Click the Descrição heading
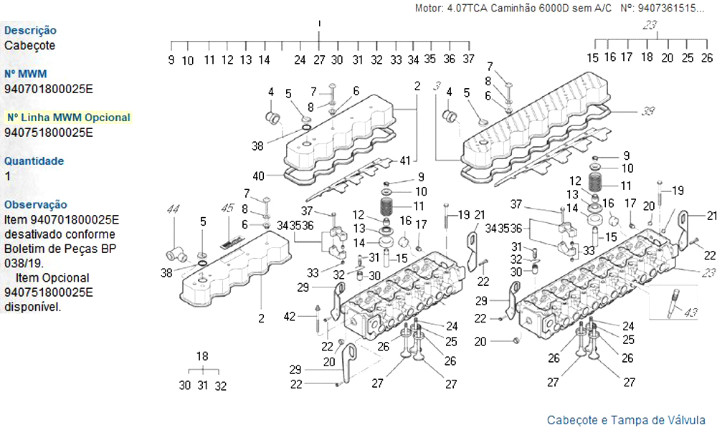pyautogui.click(x=31, y=31)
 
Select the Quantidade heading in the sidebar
pyautogui.click(x=34, y=161)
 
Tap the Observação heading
pyautogui.click(x=36, y=205)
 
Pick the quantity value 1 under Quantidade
pyautogui.click(x=8, y=176)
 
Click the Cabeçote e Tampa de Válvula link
pyautogui.click(x=626, y=420)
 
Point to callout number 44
pyautogui.click(x=173, y=209)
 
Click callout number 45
pyautogui.click(x=227, y=209)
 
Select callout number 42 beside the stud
pyautogui.click(x=289, y=317)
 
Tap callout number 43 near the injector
pyautogui.click(x=690, y=313)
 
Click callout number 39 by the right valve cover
pyautogui.click(x=648, y=111)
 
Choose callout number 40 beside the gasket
pyautogui.click(x=259, y=176)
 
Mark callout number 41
pyautogui.click(x=405, y=159)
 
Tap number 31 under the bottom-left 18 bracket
pyautogui.click(x=203, y=386)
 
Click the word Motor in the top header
pyautogui.click(x=429, y=9)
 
